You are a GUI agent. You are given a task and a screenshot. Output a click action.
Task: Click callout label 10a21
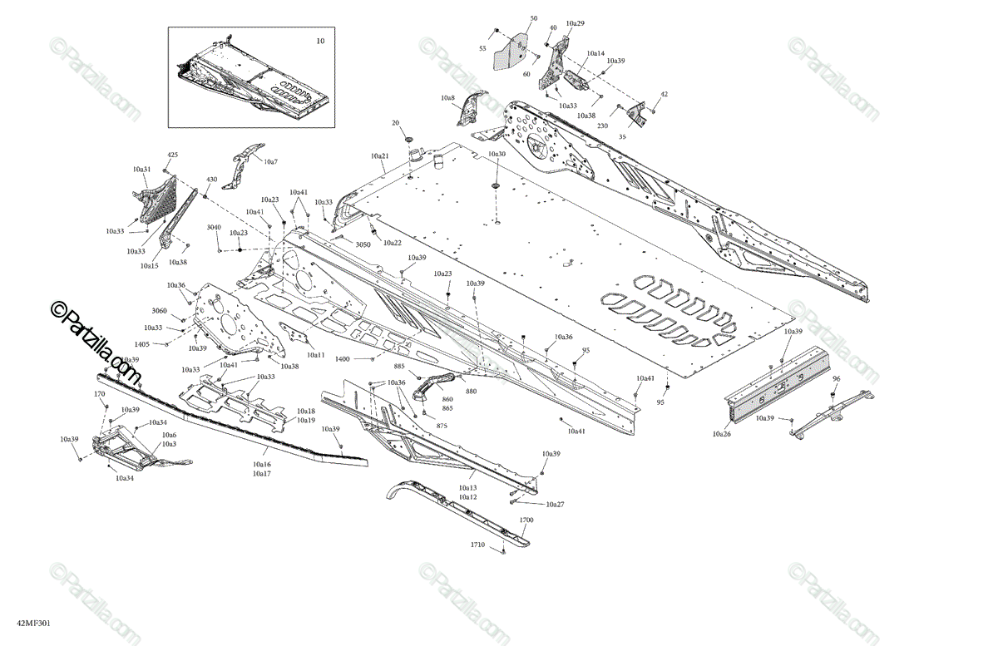pyautogui.click(x=379, y=156)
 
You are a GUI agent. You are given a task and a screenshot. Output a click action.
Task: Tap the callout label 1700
pyautogui.click(x=526, y=520)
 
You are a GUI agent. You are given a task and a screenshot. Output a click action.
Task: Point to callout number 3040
pyautogui.click(x=214, y=227)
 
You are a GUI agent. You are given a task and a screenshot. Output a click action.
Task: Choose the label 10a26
pyautogui.click(x=721, y=433)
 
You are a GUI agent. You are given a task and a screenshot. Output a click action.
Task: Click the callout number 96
pyautogui.click(x=836, y=378)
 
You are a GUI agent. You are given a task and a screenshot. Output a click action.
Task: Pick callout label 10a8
pyautogui.click(x=448, y=98)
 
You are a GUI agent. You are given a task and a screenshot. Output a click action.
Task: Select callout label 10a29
pyautogui.click(x=575, y=23)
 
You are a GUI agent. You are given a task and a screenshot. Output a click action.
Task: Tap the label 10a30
pyautogui.click(x=497, y=155)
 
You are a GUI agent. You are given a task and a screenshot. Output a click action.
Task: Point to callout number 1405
pyautogui.click(x=142, y=344)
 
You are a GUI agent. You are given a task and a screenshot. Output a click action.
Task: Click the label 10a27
pyautogui.click(x=555, y=505)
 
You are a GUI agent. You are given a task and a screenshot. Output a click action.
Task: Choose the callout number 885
pyautogui.click(x=399, y=367)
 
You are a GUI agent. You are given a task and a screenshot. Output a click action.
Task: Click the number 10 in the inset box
pyautogui.click(x=320, y=40)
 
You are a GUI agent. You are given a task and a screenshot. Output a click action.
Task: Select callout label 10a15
pyautogui.click(x=149, y=265)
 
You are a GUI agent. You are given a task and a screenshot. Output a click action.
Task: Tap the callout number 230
pyautogui.click(x=602, y=126)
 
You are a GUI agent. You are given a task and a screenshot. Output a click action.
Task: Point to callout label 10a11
pyautogui.click(x=315, y=355)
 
